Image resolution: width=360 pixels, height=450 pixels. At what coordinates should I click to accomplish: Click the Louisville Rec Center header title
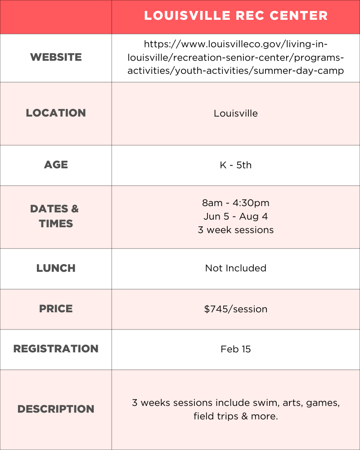click(236, 16)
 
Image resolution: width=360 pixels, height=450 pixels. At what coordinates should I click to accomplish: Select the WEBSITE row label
click(56, 57)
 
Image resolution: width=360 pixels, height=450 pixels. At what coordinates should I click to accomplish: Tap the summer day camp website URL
click(236, 57)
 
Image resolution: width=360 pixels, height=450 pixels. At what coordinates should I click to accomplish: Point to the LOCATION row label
click(56, 113)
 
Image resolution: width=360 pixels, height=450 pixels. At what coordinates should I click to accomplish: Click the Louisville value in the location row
click(236, 113)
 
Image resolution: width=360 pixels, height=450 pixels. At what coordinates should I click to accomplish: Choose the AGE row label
click(56, 165)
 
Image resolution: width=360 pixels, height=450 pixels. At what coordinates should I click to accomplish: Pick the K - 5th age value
click(236, 165)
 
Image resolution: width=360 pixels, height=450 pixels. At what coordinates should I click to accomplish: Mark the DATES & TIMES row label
click(55, 216)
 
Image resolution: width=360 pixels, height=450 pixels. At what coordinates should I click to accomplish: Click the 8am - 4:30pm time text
click(236, 203)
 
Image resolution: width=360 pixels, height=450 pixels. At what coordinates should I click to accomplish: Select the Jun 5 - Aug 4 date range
click(236, 216)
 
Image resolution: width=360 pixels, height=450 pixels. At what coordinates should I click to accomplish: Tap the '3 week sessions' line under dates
click(236, 230)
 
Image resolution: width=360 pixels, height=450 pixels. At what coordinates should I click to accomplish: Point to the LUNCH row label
click(56, 268)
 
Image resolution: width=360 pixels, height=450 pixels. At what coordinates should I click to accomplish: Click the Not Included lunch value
click(236, 268)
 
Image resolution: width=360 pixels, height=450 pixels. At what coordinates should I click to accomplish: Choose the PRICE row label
click(56, 309)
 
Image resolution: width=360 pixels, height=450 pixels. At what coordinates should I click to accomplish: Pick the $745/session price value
click(236, 309)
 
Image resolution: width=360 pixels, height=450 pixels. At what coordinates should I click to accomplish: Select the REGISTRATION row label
click(56, 349)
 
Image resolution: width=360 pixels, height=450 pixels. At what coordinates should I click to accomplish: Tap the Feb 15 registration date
click(236, 349)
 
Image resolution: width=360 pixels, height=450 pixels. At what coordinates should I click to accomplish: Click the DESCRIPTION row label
click(56, 409)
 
